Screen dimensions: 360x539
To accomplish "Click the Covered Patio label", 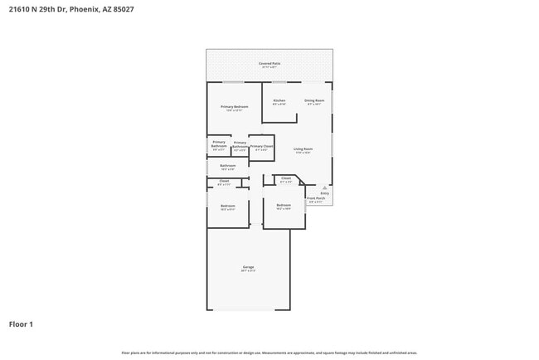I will coord(269,63).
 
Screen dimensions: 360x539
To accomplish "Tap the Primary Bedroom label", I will coord(235,107).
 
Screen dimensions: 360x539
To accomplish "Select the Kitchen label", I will coord(279,101).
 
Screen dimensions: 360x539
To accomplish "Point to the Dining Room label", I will coord(314,101).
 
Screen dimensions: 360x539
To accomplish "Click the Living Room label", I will coord(303,149).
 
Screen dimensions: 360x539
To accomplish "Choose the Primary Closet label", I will coord(261,147).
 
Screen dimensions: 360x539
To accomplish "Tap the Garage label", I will coord(248,267).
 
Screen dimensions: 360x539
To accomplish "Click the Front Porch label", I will coord(316,199).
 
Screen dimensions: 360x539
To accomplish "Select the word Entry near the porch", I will coord(324,193).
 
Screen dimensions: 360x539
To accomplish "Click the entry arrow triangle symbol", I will coord(324,187).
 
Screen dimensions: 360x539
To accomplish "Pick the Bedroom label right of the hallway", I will coord(284,205).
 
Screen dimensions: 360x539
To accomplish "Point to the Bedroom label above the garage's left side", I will coord(227,206).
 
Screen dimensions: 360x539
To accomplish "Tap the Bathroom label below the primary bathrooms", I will coord(228,165).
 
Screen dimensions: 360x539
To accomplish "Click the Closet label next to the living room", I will coord(286,178).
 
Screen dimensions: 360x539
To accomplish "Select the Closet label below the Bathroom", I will coord(224,181).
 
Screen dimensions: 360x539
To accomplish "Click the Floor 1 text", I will coord(21,324).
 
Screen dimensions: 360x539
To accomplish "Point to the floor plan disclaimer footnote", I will coord(269,352).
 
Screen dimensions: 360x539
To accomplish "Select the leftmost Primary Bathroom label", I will coord(218,144).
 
